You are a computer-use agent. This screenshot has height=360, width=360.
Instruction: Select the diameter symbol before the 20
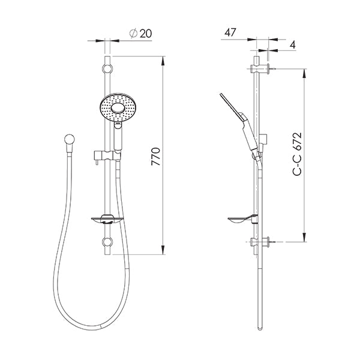point(133,34)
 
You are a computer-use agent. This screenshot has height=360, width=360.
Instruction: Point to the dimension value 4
point(292,45)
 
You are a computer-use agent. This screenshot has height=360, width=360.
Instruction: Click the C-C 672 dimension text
point(296,154)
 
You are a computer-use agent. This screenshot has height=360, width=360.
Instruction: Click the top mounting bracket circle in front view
point(107,67)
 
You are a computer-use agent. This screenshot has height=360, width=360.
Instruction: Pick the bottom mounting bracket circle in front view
point(107,242)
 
